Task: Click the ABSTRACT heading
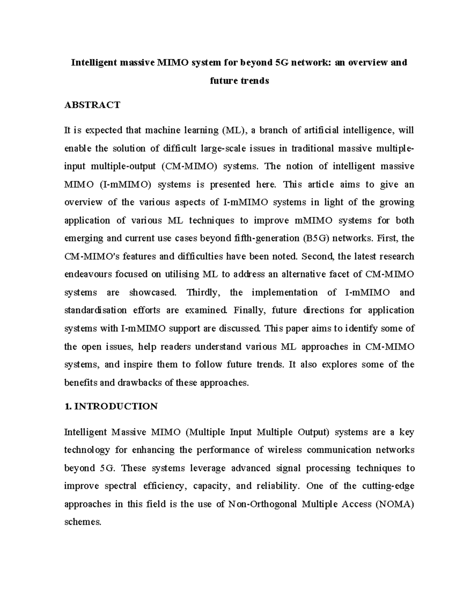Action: point(92,105)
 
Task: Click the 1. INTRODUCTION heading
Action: point(111,406)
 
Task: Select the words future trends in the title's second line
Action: point(239,81)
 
